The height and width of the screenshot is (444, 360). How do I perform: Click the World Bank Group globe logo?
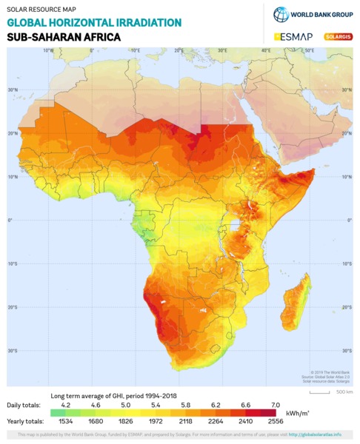coord(281,14)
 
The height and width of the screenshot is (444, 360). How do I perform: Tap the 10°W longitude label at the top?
coord(48,50)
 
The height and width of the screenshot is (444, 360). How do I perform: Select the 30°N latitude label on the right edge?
coord(347,90)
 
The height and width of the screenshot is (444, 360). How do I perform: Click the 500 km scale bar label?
coord(344,391)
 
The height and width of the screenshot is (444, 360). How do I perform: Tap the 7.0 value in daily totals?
coord(276,406)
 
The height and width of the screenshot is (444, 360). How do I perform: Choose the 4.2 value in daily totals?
coord(66,406)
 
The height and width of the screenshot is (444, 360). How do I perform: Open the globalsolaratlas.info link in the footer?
coord(315,434)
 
